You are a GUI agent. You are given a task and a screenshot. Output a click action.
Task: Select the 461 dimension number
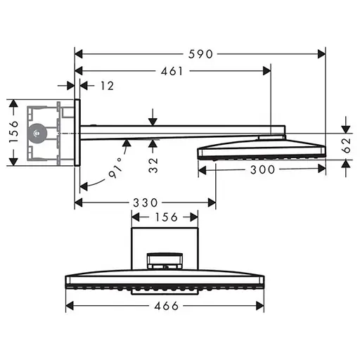(172, 71)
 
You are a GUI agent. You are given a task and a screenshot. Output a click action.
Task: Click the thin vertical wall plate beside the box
(77, 131)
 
